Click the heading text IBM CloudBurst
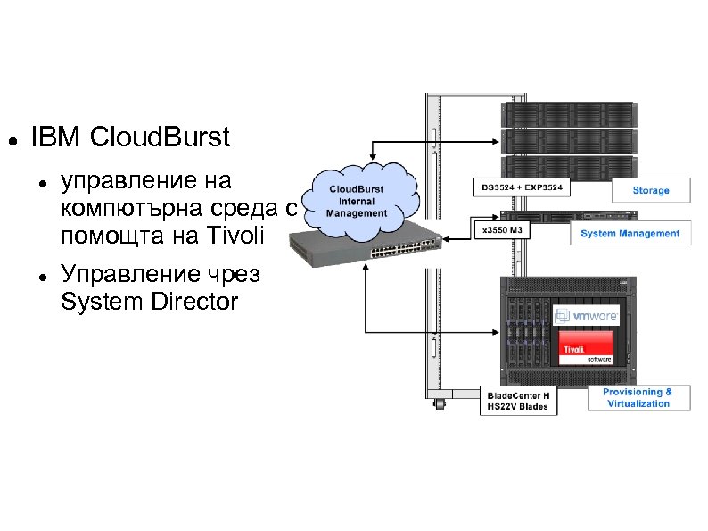click(x=130, y=138)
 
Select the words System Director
click(x=149, y=303)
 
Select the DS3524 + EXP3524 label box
click(x=523, y=189)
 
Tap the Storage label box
click(x=651, y=191)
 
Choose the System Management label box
click(x=630, y=234)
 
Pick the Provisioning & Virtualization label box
click(x=638, y=398)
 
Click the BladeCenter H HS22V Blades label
click(x=518, y=401)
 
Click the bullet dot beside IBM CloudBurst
click(x=11, y=141)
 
